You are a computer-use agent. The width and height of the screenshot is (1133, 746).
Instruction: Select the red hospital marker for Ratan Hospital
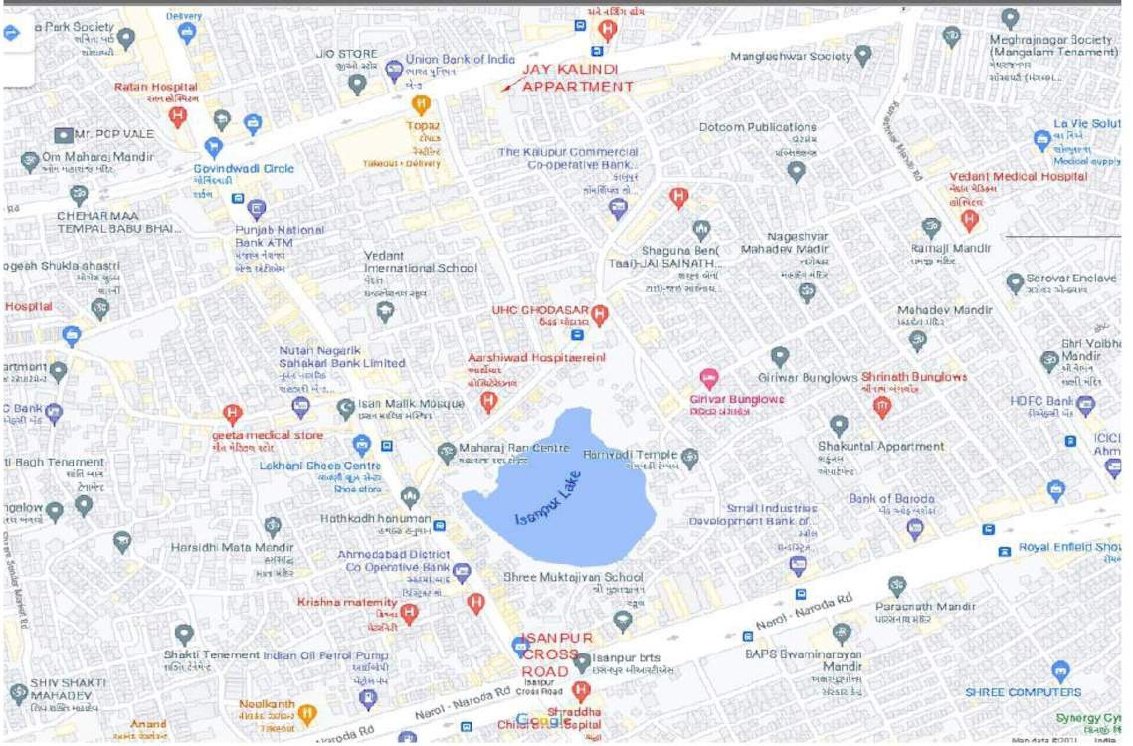(178, 116)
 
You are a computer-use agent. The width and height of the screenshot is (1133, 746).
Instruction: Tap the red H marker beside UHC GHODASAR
(599, 315)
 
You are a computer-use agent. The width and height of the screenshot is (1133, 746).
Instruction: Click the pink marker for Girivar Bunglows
(708, 379)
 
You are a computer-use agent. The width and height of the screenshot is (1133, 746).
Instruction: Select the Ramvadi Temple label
(631, 455)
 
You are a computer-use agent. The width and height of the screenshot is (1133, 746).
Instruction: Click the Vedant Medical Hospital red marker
(970, 220)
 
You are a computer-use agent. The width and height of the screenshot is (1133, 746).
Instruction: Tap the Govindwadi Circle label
(244, 168)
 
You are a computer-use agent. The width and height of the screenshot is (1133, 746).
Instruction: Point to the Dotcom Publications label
(757, 127)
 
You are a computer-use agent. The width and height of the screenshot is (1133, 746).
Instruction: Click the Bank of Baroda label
(891, 498)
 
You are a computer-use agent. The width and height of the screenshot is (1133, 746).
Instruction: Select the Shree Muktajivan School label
(558, 577)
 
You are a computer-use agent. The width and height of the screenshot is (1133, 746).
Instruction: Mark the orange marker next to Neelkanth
(307, 713)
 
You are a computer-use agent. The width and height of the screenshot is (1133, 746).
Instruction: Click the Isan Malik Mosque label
(411, 404)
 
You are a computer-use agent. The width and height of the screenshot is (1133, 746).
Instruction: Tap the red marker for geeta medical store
(233, 413)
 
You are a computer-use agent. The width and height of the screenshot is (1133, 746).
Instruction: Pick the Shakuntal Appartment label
(880, 446)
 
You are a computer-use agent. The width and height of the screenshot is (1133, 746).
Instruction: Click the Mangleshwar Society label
(791, 57)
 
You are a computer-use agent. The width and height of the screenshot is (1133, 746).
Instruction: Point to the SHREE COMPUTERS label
(1023, 692)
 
